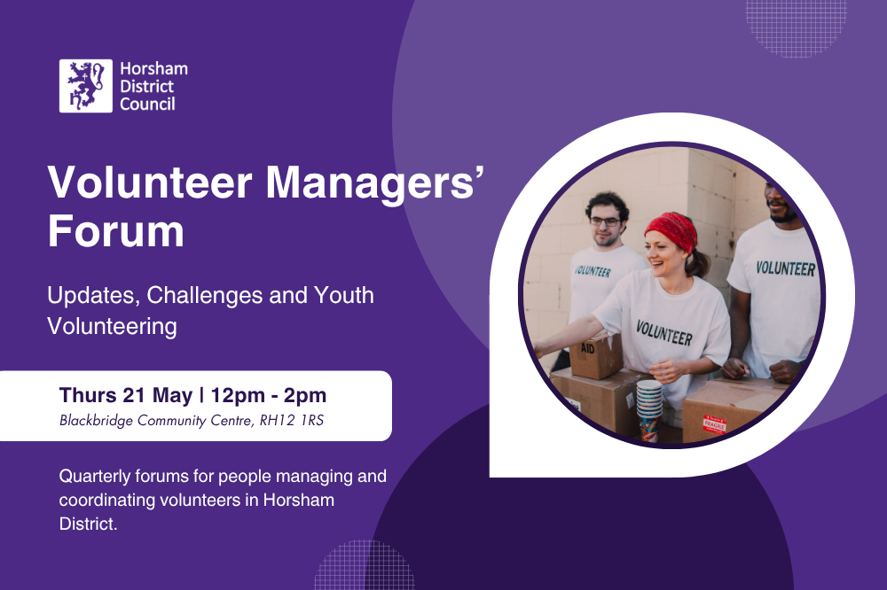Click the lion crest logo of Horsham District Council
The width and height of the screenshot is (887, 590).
click(86, 86)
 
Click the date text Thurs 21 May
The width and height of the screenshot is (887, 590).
click(125, 395)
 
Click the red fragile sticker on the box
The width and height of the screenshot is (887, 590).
click(714, 424)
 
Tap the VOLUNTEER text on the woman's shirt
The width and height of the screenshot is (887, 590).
click(663, 334)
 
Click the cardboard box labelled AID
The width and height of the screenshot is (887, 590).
click(596, 354)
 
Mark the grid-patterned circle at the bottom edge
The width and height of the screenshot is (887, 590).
click(364, 567)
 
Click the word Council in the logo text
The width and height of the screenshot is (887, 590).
click(147, 104)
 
